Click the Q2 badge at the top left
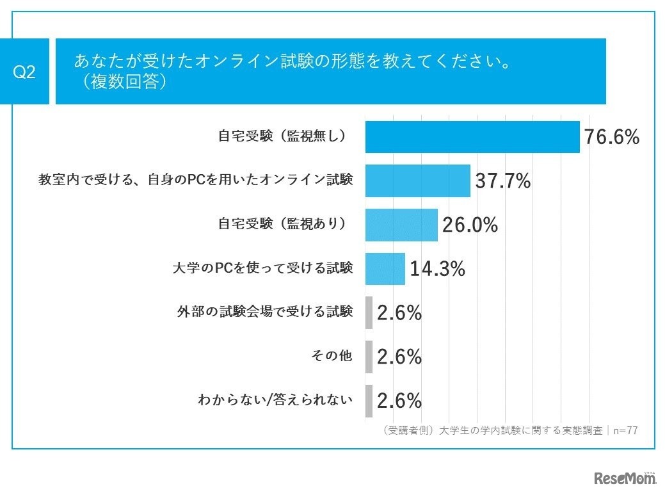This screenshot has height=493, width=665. pos(24,72)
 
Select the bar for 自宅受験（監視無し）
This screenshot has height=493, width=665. pos(472,137)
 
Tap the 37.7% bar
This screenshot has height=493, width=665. pos(417,181)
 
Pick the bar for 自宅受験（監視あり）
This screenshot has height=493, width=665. pos(401,225)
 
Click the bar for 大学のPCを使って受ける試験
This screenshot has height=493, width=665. pos(385,269)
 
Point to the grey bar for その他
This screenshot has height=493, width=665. pos(369,357)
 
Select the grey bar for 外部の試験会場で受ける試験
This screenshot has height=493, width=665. pos(369,313)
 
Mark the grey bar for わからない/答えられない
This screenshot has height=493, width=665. pos(369,401)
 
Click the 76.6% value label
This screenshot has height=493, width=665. pos(611,137)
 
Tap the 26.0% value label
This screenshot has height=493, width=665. pos(470,225)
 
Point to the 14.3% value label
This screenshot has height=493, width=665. pos(437,269)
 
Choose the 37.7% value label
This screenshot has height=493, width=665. pos(502,181)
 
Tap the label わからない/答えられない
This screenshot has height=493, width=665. pos(276,401)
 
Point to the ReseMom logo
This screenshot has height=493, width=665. pos(625,478)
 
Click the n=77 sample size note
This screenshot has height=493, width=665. pos(624,431)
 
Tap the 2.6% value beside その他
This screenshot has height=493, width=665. pos(399,357)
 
